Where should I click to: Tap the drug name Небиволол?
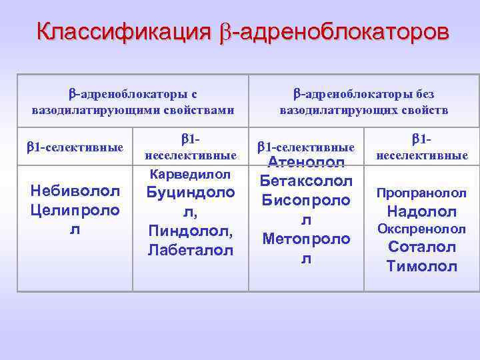(x=75, y=191)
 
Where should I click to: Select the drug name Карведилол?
(x=190, y=175)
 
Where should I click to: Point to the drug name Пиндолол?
(x=190, y=232)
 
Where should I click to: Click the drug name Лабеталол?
(x=190, y=251)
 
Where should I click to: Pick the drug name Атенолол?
(x=306, y=163)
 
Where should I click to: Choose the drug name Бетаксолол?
(x=306, y=181)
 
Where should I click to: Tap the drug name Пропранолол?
(x=421, y=193)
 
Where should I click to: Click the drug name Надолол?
(x=421, y=212)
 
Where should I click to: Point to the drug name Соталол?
(x=421, y=247)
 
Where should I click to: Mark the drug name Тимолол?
(x=421, y=267)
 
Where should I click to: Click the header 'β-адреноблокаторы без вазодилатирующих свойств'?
(x=364, y=101)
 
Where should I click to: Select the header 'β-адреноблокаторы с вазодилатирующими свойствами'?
(x=133, y=101)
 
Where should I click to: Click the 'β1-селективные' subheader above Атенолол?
(x=306, y=147)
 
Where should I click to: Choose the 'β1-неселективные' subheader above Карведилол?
(x=190, y=147)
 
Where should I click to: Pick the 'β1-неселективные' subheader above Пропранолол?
(x=421, y=147)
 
